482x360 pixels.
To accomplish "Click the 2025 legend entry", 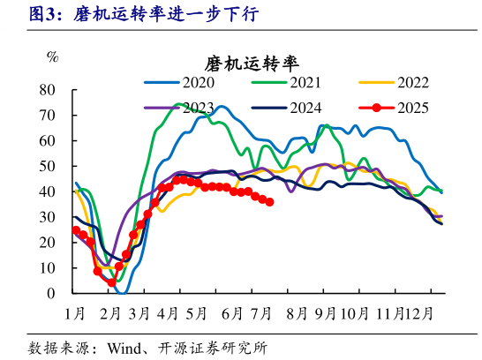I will [412, 108].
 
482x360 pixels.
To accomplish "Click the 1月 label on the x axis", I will [75, 312].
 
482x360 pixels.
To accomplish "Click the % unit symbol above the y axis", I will [52, 58].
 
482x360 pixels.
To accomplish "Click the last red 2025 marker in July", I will [269, 202].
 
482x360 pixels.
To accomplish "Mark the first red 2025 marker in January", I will [76, 230].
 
